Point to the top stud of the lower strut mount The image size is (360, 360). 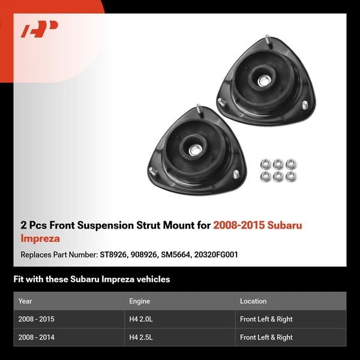pos(197,110)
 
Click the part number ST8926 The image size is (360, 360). pos(113,254)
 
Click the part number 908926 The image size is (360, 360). pos(144,254)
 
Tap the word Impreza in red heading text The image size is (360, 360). pos(40,238)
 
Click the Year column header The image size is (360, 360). pos(25,301)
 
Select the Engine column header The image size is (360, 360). pos(139,301)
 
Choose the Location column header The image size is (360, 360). pos(253,301)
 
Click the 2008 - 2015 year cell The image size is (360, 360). pos(37,319)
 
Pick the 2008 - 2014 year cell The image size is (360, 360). pos(37,337)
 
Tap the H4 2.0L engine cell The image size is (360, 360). pos(142,319)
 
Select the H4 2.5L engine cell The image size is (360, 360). pos(142,337)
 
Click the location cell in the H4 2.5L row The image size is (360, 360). pos(266,337)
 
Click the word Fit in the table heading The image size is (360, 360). pos(19,279)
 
